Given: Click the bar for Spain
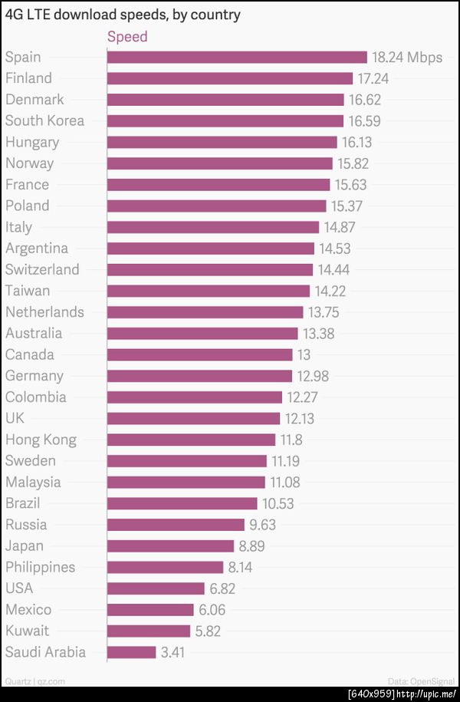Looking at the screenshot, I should coord(237,57).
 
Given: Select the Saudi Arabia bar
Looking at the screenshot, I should coord(132,652).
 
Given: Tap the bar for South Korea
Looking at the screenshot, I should coord(225,120).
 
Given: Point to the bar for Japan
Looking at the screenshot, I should coord(171,545).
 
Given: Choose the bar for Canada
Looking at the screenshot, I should coord(200,354).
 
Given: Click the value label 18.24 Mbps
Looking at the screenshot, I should coord(407,57).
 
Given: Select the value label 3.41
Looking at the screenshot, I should coord(172,652).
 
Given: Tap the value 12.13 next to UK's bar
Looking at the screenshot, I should coord(300,418).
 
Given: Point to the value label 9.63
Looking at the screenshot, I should coord(262,525).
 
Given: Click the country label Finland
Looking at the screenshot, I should coord(29,78).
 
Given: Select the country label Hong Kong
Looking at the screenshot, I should coord(41,440).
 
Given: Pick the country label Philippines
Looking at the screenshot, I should coord(41,567).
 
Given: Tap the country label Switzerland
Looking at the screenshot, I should coord(42,269).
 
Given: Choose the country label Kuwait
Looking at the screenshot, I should coord(28,631).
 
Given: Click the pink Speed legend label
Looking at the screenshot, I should coord(127,37).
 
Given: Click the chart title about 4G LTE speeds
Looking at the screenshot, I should coord(123,15).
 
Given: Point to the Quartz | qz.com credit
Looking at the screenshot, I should coord(34,681).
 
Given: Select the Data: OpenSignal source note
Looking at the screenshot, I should coord(421,681).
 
